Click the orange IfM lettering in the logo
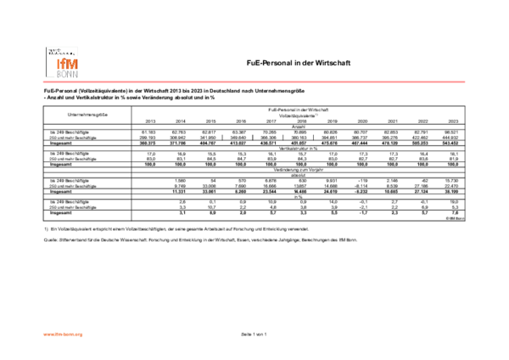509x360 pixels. click(67, 64)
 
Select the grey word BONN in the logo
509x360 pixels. click(67, 74)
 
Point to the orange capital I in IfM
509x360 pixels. click(59, 64)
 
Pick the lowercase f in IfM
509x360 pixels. click(63, 64)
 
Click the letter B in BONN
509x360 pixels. click(59, 74)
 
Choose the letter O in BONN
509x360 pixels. click(64, 74)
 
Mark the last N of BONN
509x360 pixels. click(75, 74)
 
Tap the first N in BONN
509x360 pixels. click(70, 74)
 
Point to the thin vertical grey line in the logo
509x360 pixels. click(47, 63)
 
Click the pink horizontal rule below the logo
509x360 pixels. click(255, 82)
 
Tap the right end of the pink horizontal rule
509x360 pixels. click(465, 82)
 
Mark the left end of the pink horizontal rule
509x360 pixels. click(43, 82)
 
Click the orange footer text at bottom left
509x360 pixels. click(63, 335)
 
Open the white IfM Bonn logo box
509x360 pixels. click(62, 62)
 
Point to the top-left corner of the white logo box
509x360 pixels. click(44, 45)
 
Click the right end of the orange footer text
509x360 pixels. click(83, 335)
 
